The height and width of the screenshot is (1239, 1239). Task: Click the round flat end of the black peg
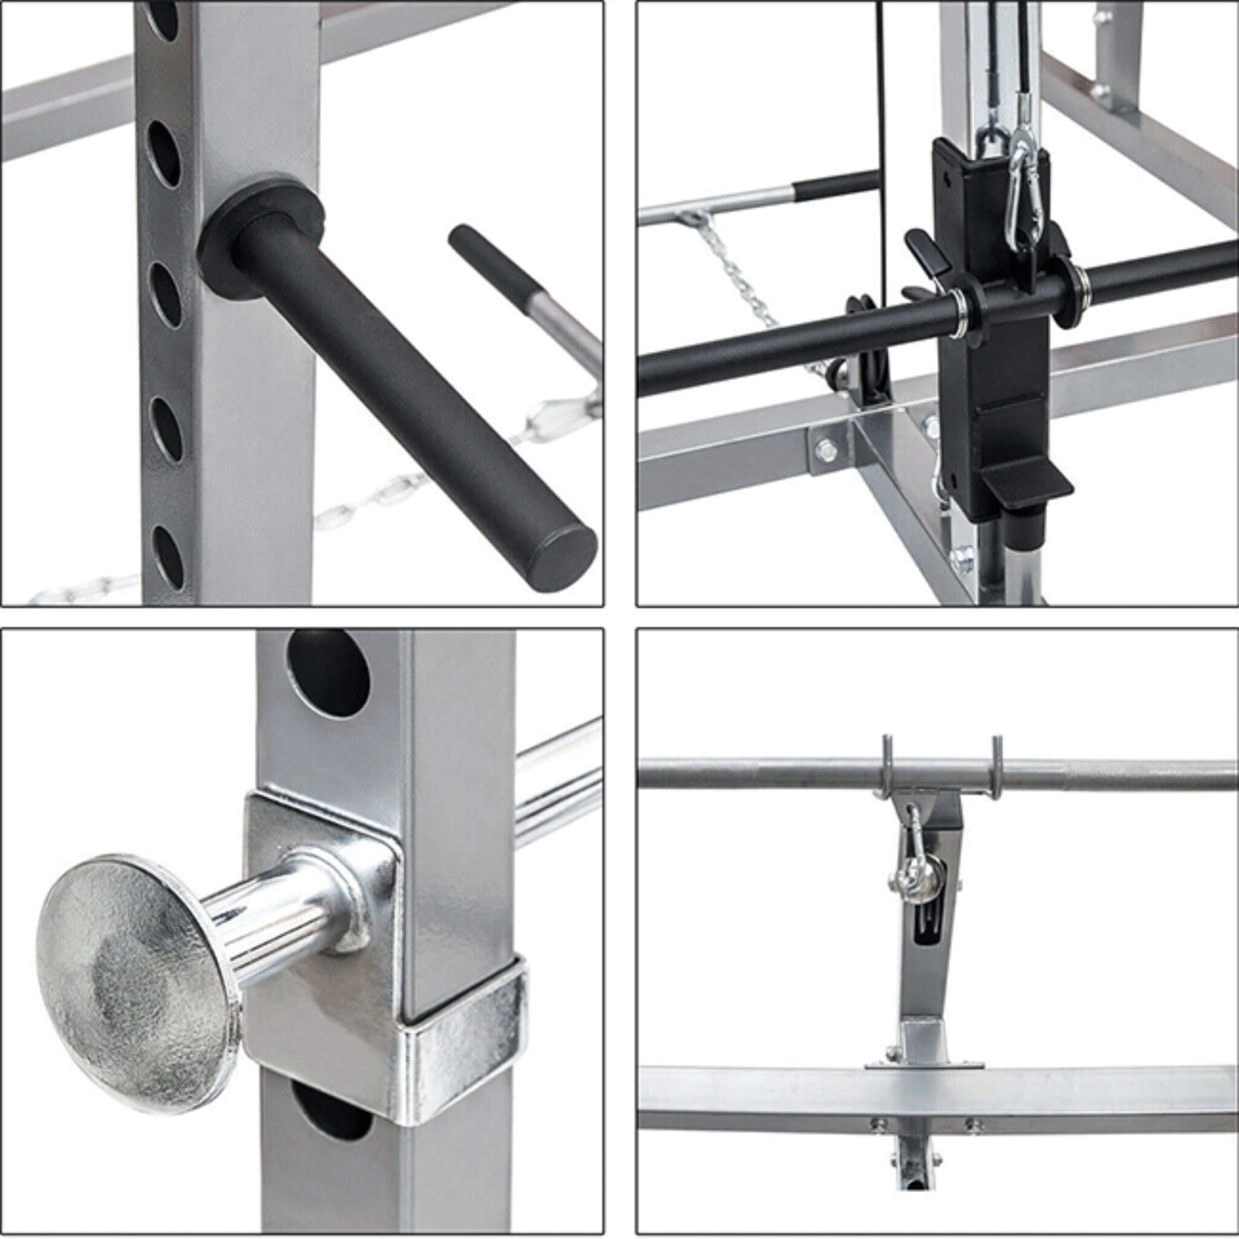point(565,552)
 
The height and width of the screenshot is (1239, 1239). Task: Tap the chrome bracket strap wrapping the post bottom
point(462,1039)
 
